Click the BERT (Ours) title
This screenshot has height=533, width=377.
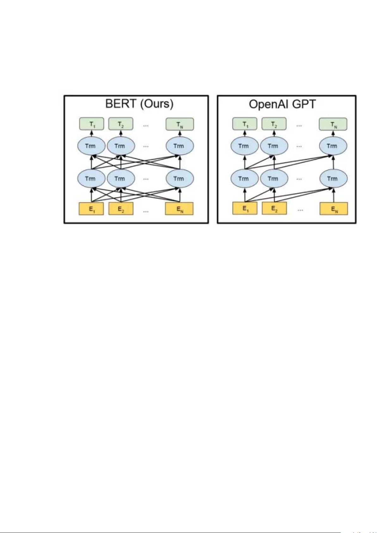139,104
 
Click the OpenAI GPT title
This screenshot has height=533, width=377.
282,104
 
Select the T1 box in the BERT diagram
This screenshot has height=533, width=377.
92,124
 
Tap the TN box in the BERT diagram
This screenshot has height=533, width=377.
180,124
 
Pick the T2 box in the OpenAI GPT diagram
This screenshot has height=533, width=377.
274,124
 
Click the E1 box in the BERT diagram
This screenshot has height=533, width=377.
91,209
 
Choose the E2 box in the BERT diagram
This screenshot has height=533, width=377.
121,209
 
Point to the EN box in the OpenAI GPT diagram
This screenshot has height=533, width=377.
334,208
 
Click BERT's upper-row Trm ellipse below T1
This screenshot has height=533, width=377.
92,146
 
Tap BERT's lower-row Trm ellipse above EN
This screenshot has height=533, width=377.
180,178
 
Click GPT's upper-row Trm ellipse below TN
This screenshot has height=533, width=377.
333,146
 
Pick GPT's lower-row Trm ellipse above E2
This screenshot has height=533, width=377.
274,178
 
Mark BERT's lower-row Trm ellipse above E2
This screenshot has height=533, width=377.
121,178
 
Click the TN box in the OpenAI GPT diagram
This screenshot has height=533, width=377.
333,124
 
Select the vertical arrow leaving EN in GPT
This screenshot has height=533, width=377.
333,195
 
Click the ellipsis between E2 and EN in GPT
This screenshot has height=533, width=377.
300,210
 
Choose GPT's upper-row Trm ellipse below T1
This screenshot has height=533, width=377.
245,146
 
